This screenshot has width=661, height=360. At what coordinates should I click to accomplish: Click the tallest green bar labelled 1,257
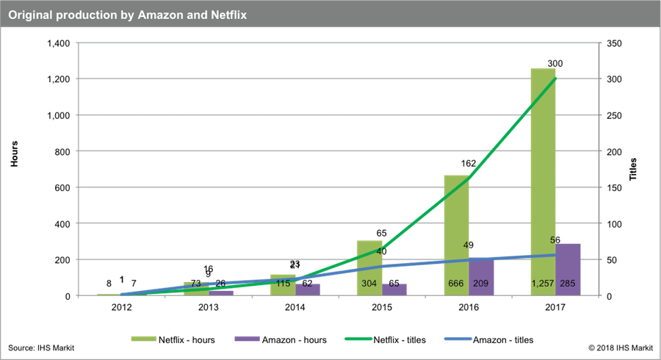[543, 184]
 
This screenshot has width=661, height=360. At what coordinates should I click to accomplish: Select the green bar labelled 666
[456, 235]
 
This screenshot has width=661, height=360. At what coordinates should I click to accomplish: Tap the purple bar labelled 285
[568, 269]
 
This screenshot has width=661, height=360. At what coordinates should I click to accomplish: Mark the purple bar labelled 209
[482, 276]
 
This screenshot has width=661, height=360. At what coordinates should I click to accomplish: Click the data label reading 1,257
[543, 284]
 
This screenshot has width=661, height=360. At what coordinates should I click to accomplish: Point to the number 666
[456, 284]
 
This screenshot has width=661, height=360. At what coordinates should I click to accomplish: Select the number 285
[568, 284]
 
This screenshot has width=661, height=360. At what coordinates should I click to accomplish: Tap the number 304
[369, 284]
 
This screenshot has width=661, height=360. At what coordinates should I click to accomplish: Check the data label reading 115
[283, 284]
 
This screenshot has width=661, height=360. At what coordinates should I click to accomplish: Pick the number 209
[481, 284]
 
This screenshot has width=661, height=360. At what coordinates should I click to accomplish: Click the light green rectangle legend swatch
[142, 339]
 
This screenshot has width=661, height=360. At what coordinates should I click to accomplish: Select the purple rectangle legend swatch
[247, 339]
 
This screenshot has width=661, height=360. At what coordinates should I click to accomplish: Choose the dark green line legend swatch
[358, 339]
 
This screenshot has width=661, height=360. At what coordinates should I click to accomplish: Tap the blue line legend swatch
[458, 339]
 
